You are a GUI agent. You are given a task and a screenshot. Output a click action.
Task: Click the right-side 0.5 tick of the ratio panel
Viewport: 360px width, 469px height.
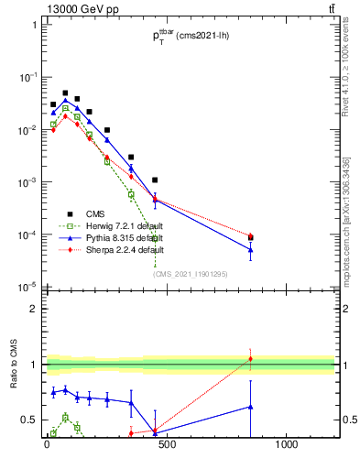pyautogui.click(x=346, y=420)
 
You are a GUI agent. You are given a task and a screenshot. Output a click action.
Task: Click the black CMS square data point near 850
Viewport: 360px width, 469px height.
pyautogui.click(x=251, y=238)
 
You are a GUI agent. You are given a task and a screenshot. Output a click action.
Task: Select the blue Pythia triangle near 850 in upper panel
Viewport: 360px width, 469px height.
pyautogui.click(x=251, y=249)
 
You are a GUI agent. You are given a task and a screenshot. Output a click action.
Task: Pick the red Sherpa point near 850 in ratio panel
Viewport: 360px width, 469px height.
pyautogui.click(x=251, y=358)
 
